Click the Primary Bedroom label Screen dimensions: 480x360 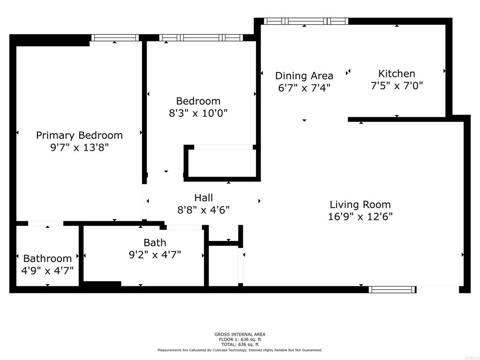(x=79, y=135)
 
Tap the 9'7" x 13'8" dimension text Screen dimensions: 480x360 (x=79, y=148)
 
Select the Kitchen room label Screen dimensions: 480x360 (x=397, y=74)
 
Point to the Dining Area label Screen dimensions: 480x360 (x=304, y=75)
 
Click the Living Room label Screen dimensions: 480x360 (x=360, y=204)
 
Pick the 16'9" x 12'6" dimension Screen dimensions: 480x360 (x=360, y=217)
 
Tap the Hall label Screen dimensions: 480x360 (x=203, y=198)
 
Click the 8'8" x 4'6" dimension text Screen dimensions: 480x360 (x=203, y=210)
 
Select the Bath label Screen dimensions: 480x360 (x=155, y=243)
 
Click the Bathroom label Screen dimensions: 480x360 (x=47, y=259)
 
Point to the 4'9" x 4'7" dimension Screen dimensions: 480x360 (x=47, y=270)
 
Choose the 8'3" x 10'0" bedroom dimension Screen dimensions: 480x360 (x=198, y=113)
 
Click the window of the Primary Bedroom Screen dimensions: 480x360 (x=115, y=37)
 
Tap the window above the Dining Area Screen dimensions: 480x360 (x=306, y=21)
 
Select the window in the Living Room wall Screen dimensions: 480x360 (x=392, y=289)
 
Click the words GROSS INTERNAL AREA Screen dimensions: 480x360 (x=240, y=335)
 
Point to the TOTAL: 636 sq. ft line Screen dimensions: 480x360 (x=240, y=345)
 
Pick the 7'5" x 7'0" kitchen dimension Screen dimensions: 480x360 (x=397, y=86)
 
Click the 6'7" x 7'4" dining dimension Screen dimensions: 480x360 (x=304, y=88)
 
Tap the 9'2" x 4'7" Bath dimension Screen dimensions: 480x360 (x=155, y=255)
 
